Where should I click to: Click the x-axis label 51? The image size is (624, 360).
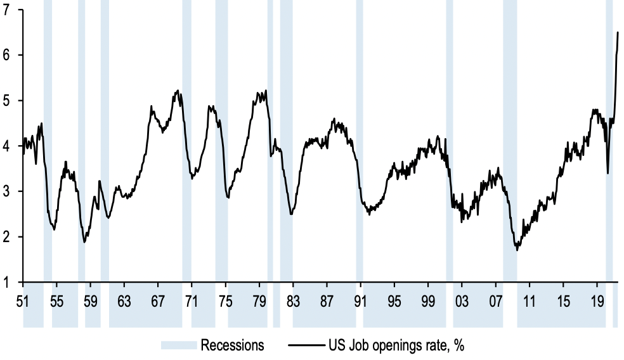(x=23, y=300)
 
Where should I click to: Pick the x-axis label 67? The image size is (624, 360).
(x=157, y=300)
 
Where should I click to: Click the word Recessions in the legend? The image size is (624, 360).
(x=232, y=346)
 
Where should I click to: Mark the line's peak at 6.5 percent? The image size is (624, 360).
(x=618, y=32)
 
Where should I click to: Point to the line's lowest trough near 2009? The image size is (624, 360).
(x=517, y=250)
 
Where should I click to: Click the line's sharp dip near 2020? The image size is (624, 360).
(x=608, y=173)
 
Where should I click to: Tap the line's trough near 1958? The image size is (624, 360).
(x=84, y=242)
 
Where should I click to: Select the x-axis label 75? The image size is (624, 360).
(x=225, y=300)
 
